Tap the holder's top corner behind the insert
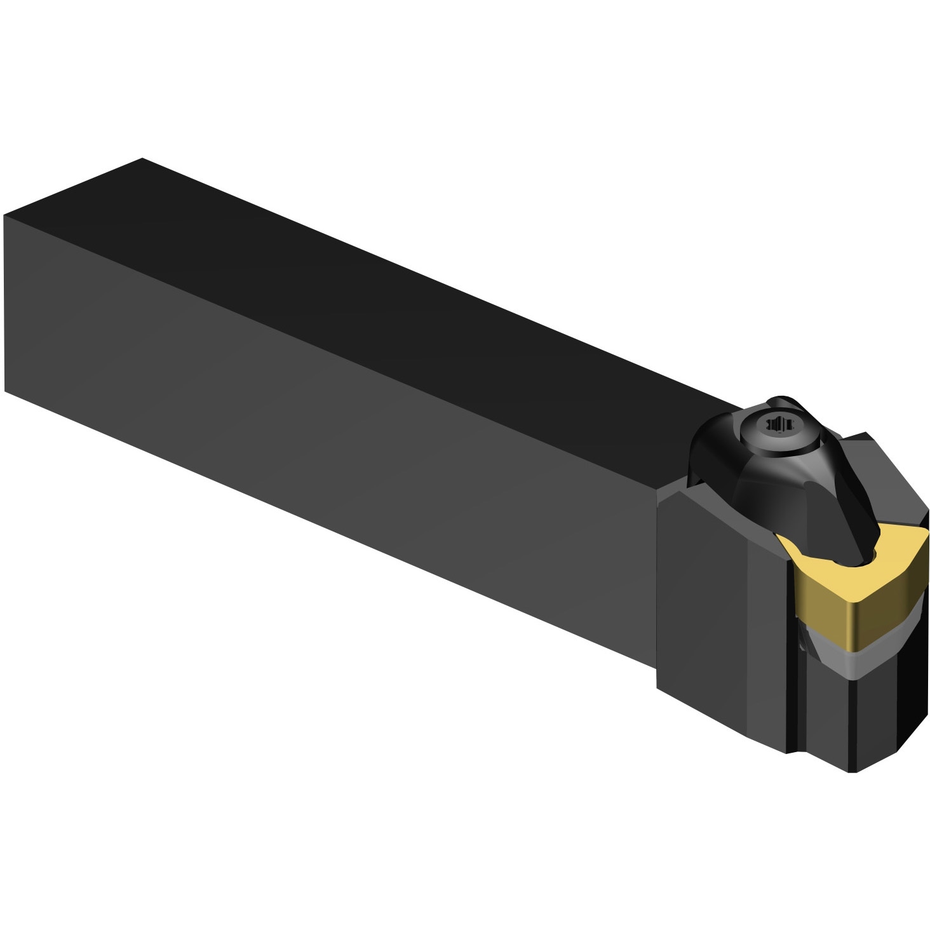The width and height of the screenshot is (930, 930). [867, 436]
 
